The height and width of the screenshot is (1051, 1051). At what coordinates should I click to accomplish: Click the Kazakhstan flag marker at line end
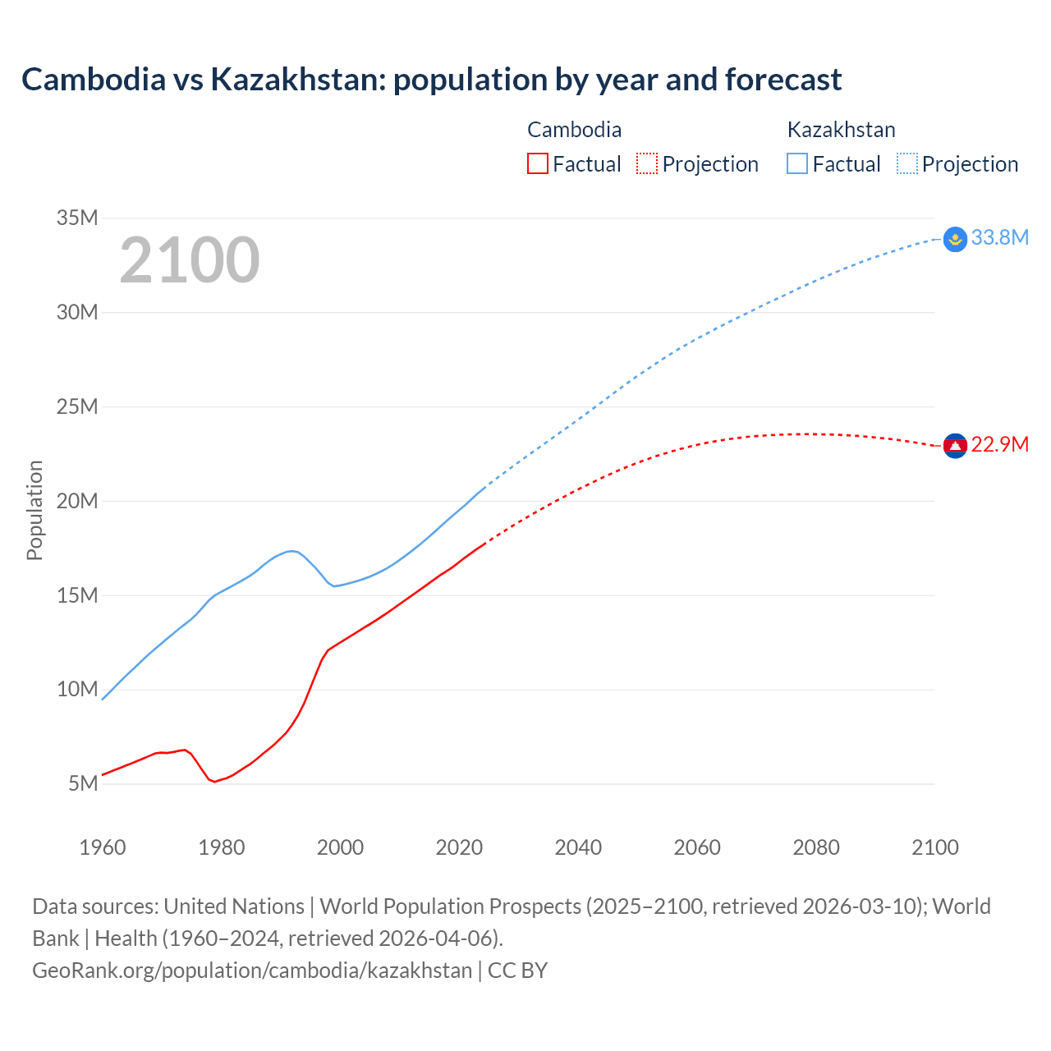[x=955, y=239]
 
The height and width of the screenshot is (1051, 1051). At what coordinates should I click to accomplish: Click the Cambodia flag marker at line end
[x=955, y=446]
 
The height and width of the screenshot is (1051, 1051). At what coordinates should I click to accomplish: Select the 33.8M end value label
[x=999, y=237]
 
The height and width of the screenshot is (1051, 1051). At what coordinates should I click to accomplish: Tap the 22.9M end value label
[x=999, y=444]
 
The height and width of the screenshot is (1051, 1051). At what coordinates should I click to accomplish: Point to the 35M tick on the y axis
[x=77, y=218]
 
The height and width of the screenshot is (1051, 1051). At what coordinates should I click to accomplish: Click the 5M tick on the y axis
[x=83, y=783]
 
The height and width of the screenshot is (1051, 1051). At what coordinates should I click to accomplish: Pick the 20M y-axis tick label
[x=77, y=501]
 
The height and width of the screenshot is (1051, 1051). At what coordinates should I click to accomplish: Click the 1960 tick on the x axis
[x=103, y=847]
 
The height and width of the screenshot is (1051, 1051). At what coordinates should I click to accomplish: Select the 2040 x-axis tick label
[x=578, y=847]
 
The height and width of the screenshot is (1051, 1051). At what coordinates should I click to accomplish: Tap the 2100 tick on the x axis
[x=935, y=847]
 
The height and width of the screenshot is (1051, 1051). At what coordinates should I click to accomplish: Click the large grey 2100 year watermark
[x=190, y=260]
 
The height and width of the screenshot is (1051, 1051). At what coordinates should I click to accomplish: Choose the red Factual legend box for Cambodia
[x=537, y=163]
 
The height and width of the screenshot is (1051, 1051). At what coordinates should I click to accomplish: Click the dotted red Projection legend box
[x=646, y=163]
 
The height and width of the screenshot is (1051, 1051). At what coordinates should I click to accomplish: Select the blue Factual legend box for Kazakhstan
[x=796, y=163]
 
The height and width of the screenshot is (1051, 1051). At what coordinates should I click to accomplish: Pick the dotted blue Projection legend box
[x=906, y=163]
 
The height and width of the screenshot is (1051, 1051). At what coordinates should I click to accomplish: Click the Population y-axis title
[x=34, y=510]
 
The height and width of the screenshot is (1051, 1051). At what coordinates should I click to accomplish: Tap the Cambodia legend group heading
[x=574, y=130]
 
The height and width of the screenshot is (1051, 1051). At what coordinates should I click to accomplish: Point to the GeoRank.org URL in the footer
[x=252, y=970]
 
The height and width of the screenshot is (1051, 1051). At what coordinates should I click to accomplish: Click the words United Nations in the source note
[x=234, y=906]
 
